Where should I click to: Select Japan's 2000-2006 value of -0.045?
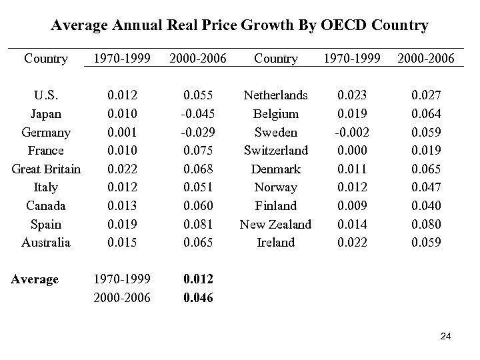pyautogui.click(x=197, y=113)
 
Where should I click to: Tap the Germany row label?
pyautogui.click(x=46, y=132)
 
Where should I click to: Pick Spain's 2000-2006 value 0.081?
pyautogui.click(x=197, y=224)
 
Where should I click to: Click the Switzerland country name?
pyautogui.click(x=275, y=151)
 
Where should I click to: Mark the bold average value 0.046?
pyautogui.click(x=197, y=298)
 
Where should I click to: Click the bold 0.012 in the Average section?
pyautogui.click(x=197, y=279)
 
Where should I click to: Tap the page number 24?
pyautogui.click(x=446, y=339)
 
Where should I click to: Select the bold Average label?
pyautogui.click(x=35, y=279)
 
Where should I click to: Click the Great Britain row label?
pyautogui.click(x=46, y=169)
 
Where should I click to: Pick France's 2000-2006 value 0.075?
pyautogui.click(x=197, y=151)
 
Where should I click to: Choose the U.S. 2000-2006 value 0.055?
pyautogui.click(x=197, y=95)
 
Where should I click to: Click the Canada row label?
pyautogui.click(x=46, y=205)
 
